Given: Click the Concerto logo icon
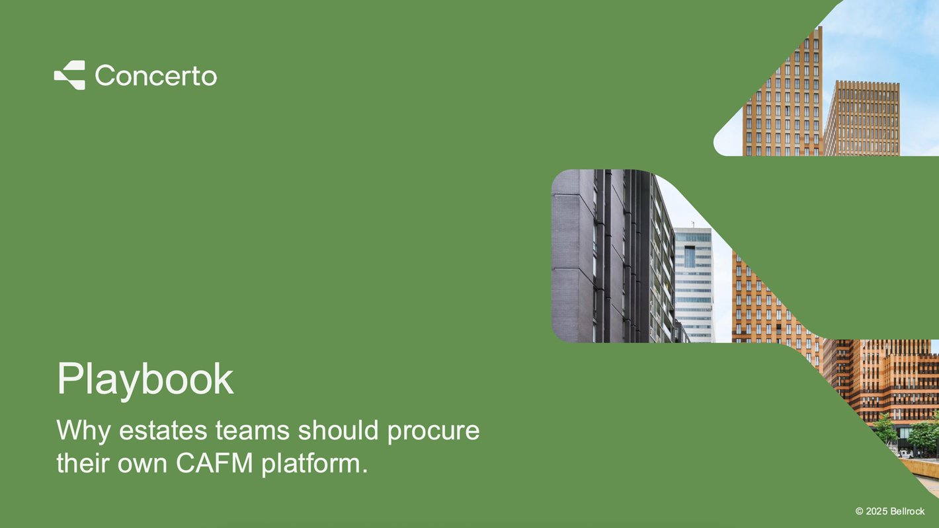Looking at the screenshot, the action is [69, 75].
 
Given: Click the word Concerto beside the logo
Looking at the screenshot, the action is [156, 75].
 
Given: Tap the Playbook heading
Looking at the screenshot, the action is [145, 379].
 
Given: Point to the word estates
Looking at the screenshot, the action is [163, 430].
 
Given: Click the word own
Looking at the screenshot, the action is [142, 465].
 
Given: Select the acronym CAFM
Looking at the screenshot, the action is [214, 463].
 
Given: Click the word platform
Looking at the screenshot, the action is [314, 464].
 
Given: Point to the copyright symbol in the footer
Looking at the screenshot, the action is [860, 511].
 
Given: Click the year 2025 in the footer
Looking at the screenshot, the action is [877, 511].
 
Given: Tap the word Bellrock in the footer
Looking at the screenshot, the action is [907, 511].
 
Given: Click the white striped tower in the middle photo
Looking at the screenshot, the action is [694, 285].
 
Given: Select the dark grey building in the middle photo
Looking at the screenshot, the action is [612, 256].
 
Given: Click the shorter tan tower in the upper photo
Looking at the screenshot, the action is [862, 118].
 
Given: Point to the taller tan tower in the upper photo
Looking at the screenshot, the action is [782, 93].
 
